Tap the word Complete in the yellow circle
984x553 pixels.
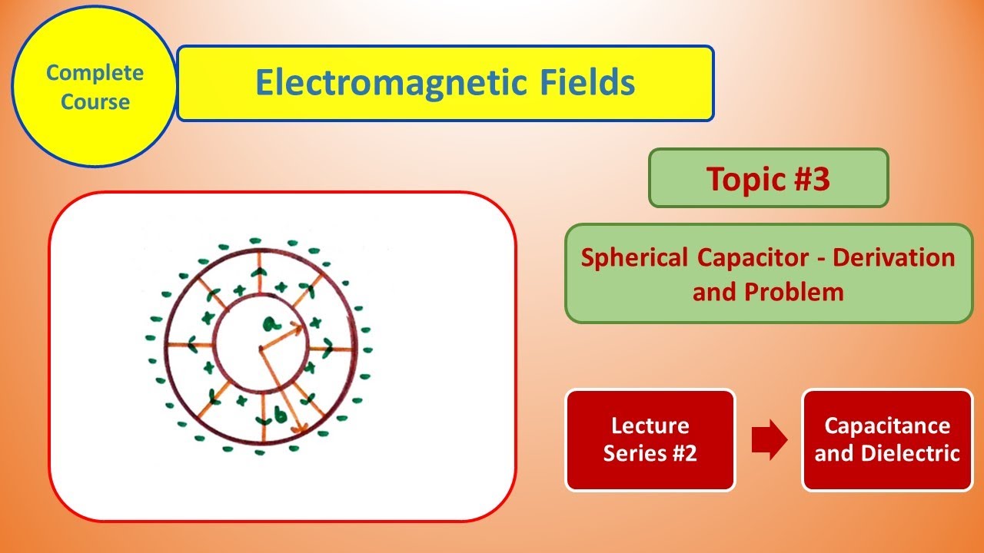click(x=95, y=73)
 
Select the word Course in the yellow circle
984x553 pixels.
click(x=95, y=101)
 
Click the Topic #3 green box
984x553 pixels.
click(x=768, y=178)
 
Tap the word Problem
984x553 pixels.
click(x=801, y=292)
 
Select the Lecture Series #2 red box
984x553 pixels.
click(x=650, y=440)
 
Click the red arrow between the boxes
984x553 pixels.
click(x=769, y=440)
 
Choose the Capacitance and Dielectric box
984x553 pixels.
click(x=887, y=440)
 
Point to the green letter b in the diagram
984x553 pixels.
click(x=281, y=416)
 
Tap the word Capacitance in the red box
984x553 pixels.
click(x=887, y=426)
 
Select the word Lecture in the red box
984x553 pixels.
click(x=650, y=426)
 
